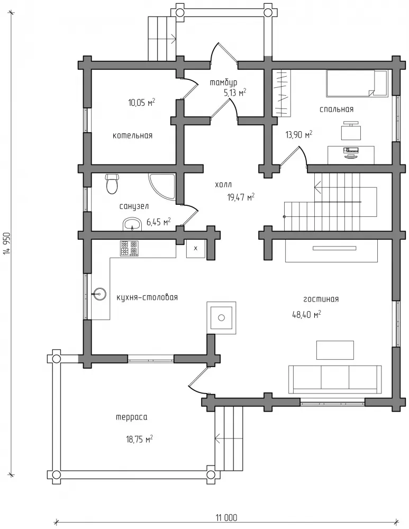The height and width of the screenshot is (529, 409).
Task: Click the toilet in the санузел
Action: pyautogui.click(x=112, y=184)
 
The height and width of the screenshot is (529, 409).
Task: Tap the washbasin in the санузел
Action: pyautogui.click(x=132, y=224)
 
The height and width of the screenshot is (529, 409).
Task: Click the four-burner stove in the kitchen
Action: pyautogui.click(x=129, y=248)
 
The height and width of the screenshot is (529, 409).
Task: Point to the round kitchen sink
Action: pyautogui.click(x=99, y=294)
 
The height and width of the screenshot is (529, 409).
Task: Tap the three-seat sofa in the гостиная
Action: pyautogui.click(x=335, y=379)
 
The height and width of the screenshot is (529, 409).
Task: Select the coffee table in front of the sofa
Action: pyautogui.click(x=335, y=350)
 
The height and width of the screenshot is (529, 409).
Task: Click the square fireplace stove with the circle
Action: pyautogui.click(x=221, y=317)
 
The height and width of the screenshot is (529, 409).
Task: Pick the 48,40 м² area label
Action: pyautogui.click(x=306, y=315)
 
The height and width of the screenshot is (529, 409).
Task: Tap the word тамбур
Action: pyautogui.click(x=223, y=83)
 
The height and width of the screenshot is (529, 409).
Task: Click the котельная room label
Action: pyautogui.click(x=133, y=135)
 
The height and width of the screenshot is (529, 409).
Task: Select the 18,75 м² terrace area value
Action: pyautogui.click(x=139, y=439)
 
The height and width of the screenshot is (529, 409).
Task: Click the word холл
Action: pyautogui.click(x=223, y=185)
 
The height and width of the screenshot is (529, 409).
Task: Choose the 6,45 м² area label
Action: pyautogui.click(x=158, y=222)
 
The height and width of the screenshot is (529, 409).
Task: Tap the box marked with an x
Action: pyautogui.click(x=196, y=249)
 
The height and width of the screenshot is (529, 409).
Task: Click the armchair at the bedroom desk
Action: pyautogui.click(x=351, y=131)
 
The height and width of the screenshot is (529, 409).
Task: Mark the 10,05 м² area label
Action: pyautogui.click(x=142, y=103)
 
